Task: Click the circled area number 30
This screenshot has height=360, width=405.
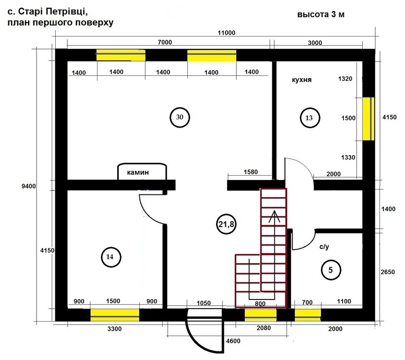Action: (x=180, y=118)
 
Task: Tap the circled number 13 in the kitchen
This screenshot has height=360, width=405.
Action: (x=310, y=118)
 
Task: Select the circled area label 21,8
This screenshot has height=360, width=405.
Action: (x=226, y=224)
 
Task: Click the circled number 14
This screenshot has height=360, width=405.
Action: (x=111, y=257)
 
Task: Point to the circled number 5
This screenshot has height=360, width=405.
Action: (x=331, y=270)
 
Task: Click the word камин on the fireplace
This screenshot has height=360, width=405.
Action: (x=138, y=172)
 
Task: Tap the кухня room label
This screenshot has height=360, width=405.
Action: (x=302, y=80)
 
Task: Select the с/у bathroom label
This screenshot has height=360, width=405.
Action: (x=324, y=247)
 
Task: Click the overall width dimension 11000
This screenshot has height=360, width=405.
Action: (x=226, y=33)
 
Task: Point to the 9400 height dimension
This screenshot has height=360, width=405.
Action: (x=29, y=186)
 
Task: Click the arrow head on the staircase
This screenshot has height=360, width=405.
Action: (x=274, y=216)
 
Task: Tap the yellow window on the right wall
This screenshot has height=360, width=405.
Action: (x=368, y=119)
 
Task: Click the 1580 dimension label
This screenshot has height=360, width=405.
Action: (x=251, y=172)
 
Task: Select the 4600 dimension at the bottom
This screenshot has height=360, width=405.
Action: (x=233, y=341)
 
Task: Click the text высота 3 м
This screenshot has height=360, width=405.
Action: (x=321, y=14)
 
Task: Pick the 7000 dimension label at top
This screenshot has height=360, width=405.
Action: (x=165, y=42)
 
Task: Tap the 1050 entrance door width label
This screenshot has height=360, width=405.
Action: (x=204, y=303)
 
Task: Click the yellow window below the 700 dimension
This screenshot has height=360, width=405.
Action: (x=307, y=315)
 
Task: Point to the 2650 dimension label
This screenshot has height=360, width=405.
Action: (x=388, y=272)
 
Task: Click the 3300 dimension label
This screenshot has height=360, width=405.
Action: (x=114, y=329)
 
